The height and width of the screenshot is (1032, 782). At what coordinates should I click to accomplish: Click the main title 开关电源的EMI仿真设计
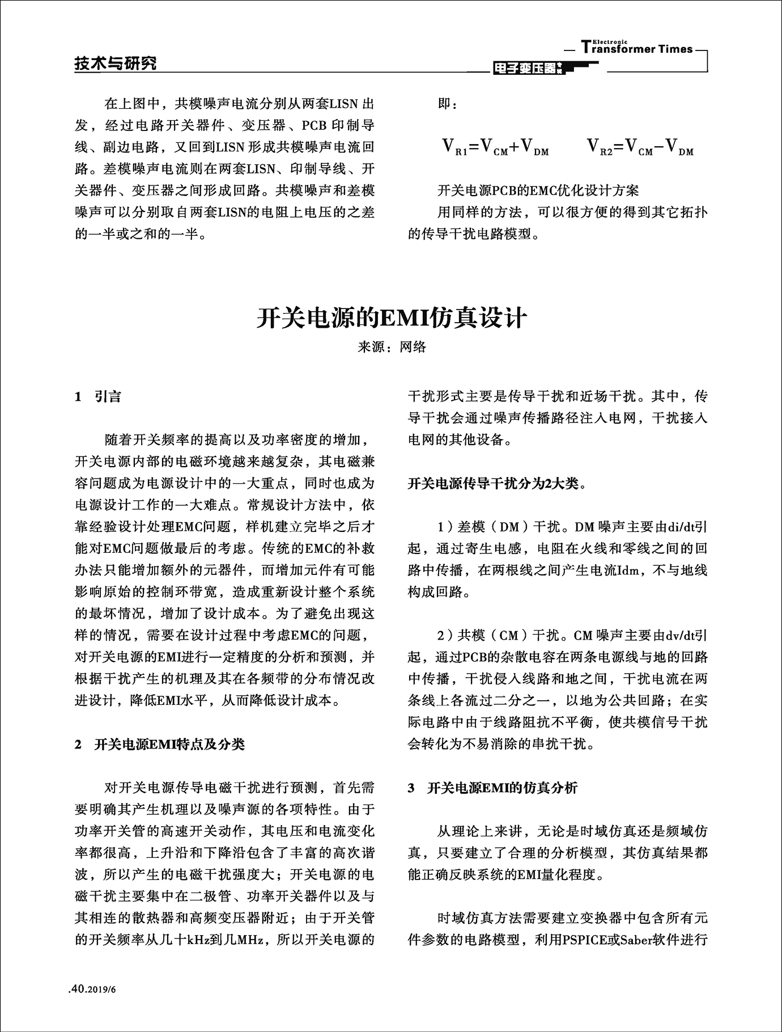pos(392,318)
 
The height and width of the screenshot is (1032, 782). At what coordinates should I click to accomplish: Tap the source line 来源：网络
pos(392,347)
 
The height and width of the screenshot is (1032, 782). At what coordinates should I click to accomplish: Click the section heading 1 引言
pos(98,397)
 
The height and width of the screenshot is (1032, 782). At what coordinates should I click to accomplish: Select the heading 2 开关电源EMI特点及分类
pos(160,744)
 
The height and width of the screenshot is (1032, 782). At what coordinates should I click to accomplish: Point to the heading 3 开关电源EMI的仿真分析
pos(492,788)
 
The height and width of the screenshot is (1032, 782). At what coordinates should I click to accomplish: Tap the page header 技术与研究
pos(116,64)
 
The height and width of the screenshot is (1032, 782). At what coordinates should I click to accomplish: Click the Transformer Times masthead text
pos(637,49)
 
